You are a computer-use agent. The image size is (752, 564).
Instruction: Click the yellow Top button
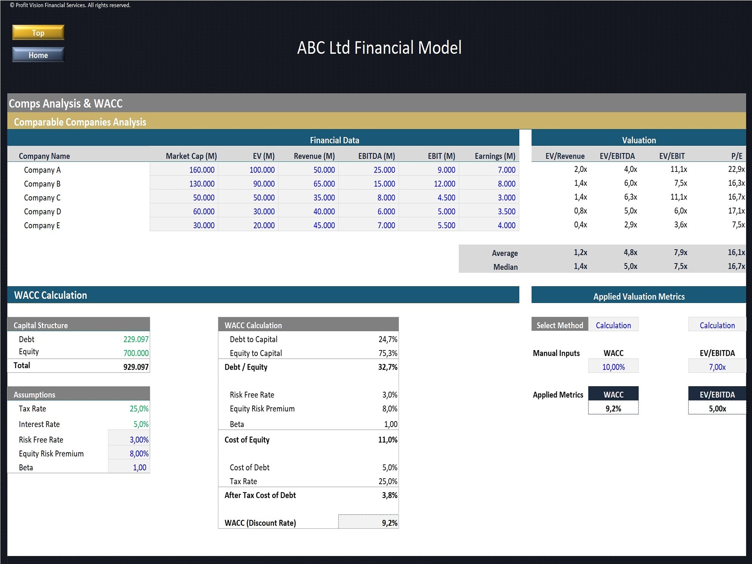tap(38, 33)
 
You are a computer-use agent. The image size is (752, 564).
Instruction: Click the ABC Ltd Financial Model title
tap(379, 48)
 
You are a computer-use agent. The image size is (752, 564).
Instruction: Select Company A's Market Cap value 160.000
tap(202, 170)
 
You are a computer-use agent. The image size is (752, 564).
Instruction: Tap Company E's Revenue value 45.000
tap(324, 226)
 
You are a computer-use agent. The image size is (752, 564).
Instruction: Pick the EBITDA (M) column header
tap(376, 156)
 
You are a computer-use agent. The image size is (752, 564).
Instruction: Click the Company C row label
tap(42, 198)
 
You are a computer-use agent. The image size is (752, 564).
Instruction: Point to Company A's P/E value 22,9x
tap(736, 170)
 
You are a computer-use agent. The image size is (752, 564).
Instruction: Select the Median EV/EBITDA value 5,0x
tap(630, 267)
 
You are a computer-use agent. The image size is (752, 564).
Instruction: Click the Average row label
tap(505, 253)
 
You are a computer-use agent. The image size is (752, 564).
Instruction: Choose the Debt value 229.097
tap(136, 340)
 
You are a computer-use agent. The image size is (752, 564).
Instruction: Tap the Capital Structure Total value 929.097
tap(136, 367)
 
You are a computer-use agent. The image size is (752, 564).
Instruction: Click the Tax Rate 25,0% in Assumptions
tap(139, 409)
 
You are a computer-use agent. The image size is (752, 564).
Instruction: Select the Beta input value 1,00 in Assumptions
tap(139, 468)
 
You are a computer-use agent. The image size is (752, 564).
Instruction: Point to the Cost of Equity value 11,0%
tap(387, 440)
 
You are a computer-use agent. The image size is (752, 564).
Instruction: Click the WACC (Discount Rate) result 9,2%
tap(389, 523)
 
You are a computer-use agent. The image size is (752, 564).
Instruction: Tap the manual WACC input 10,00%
tap(613, 367)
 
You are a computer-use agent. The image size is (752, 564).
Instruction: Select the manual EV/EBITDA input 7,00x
tap(717, 367)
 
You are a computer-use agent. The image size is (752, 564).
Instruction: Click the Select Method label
tap(559, 326)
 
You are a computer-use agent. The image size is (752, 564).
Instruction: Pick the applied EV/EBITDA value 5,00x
tap(717, 409)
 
